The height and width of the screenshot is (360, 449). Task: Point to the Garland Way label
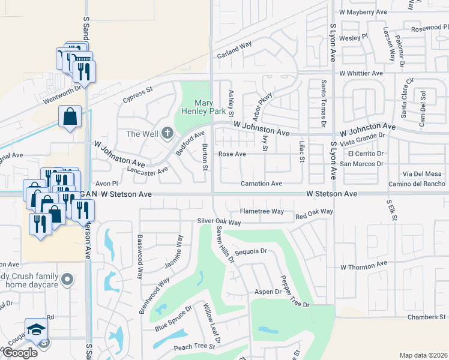click(234, 48)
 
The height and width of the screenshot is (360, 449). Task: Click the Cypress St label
click(138, 95)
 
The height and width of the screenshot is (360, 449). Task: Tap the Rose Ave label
click(232, 154)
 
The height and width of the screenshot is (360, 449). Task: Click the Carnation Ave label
click(261, 184)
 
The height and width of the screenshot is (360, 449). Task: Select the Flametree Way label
click(262, 211)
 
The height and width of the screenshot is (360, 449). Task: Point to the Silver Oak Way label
click(219, 222)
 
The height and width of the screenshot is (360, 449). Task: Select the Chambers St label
click(427, 317)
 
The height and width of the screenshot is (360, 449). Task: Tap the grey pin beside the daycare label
click(68, 279)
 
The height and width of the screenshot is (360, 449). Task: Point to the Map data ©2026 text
click(423, 355)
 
